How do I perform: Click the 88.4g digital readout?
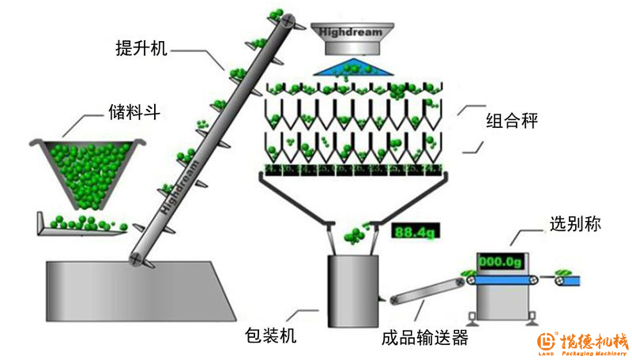[415, 232]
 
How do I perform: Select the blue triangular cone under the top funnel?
[351, 67]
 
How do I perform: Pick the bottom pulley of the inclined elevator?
[140, 258]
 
